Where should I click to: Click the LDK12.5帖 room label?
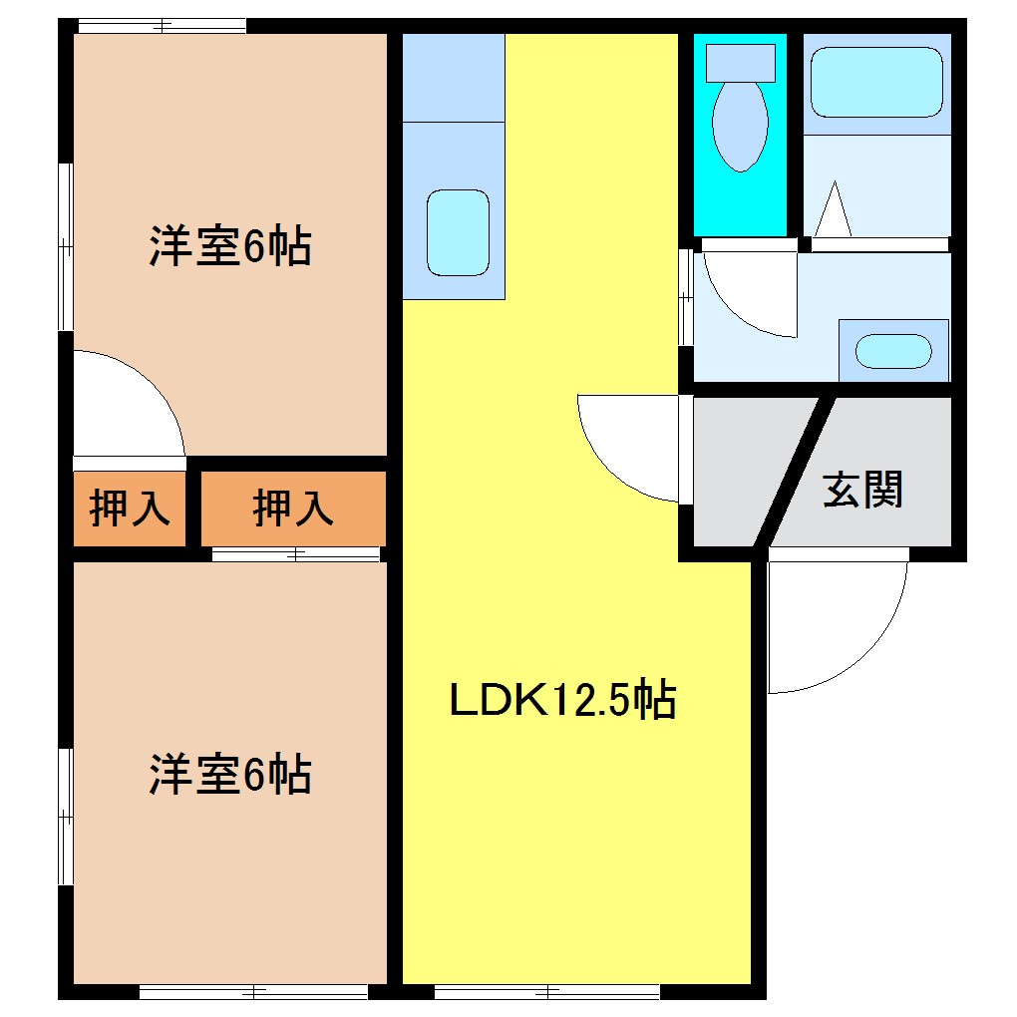(563, 700)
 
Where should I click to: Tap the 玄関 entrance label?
(862, 490)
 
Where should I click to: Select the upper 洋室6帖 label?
(230, 246)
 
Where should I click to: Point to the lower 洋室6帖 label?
(230, 775)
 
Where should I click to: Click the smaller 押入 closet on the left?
(130, 508)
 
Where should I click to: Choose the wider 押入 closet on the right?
(293, 508)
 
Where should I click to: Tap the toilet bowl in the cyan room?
(740, 125)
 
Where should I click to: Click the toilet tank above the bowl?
(740, 62)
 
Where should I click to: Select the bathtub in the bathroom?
(876, 83)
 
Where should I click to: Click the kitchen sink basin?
(459, 231)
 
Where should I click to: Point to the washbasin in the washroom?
(894, 351)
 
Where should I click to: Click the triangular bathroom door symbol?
(833, 209)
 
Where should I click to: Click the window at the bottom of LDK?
(546, 991)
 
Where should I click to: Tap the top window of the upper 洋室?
(162, 26)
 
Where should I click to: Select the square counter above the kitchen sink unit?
(453, 78)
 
